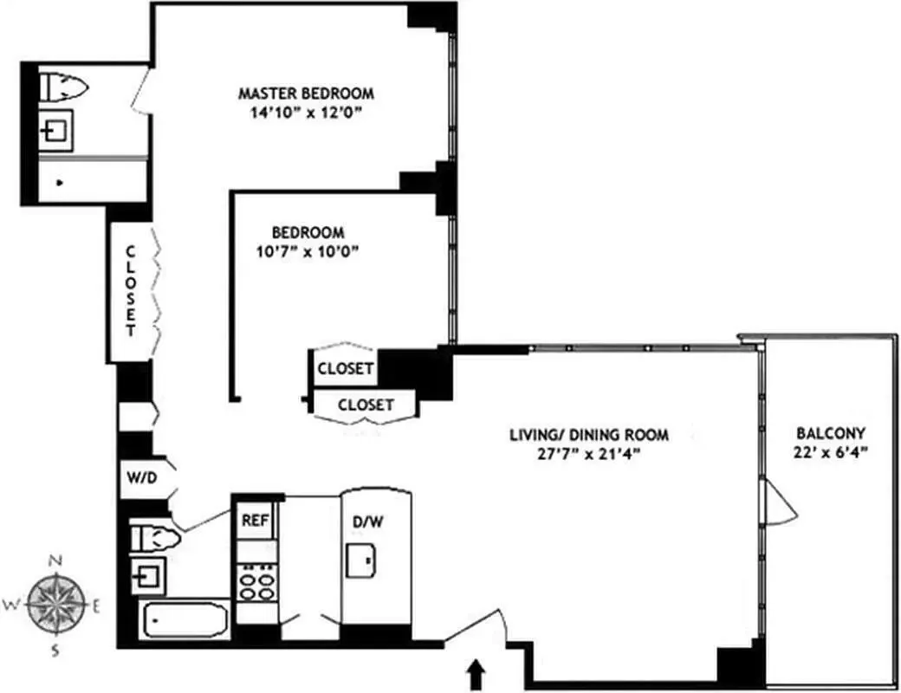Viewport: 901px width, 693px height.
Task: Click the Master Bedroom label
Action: pos(306,93)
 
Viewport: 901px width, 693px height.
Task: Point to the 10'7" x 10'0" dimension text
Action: pos(308,251)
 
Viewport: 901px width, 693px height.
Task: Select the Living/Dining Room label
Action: pos(588,435)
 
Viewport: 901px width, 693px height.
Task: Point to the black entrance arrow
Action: pos(475,673)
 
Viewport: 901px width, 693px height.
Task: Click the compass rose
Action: pos(57,604)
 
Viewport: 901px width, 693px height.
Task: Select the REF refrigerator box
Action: pos(255,521)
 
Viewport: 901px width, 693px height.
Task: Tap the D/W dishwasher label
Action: pos(364,522)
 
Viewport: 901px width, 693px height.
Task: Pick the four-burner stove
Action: pos(256,581)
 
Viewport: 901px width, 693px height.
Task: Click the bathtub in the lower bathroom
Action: pos(185,620)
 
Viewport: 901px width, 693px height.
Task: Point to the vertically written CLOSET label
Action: pos(131,291)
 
